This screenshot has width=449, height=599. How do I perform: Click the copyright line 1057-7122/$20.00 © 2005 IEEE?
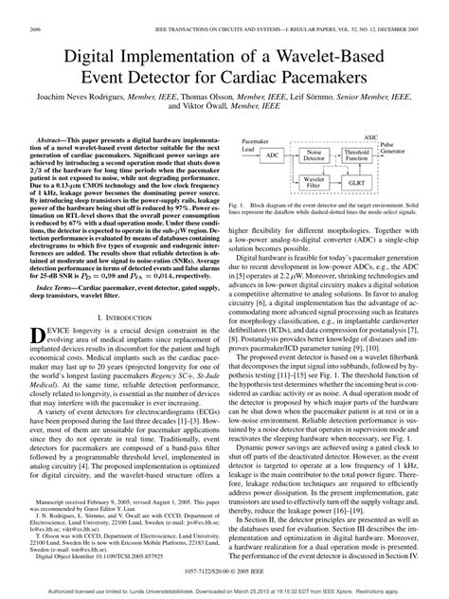224,572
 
